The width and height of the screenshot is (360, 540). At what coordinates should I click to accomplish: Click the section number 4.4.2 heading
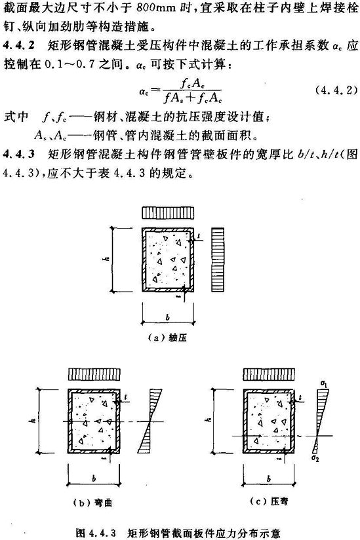tap(19, 46)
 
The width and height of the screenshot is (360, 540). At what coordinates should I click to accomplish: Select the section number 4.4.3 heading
tap(19, 154)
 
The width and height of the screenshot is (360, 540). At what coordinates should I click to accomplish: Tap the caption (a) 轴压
tap(167, 337)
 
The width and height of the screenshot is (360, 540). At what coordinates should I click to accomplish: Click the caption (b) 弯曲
tap(93, 503)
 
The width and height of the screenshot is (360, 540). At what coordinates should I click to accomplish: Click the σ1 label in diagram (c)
tap(323, 383)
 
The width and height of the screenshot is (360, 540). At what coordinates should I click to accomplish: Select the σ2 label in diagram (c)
tap(315, 458)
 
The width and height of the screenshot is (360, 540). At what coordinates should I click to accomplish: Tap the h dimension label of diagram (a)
tap(107, 257)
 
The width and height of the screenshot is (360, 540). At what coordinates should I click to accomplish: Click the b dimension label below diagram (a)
tap(167, 317)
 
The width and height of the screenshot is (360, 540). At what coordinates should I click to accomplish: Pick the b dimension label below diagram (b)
tap(94, 478)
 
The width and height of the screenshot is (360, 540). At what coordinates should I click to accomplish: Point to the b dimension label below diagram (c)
tap(269, 478)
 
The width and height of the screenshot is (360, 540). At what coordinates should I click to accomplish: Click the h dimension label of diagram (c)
tap(209, 419)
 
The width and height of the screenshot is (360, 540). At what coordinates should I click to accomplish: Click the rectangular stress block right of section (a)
tap(217, 260)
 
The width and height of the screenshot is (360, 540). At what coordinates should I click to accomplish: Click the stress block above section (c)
tap(269, 374)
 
